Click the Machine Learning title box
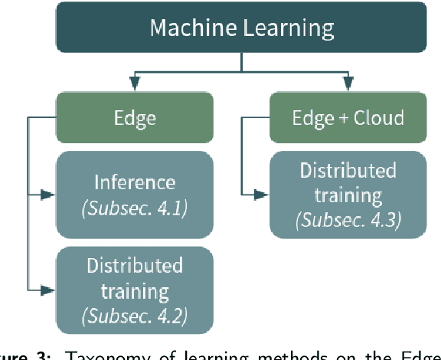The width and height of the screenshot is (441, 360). pyautogui.click(x=242, y=29)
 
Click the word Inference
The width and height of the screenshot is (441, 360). pyautogui.click(x=134, y=182)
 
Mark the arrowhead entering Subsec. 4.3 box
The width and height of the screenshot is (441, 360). pyautogui.click(x=263, y=195)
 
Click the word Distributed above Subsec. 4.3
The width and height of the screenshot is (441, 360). pyautogui.click(x=348, y=170)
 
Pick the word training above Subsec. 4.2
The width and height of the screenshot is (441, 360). pyautogui.click(x=134, y=290)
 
